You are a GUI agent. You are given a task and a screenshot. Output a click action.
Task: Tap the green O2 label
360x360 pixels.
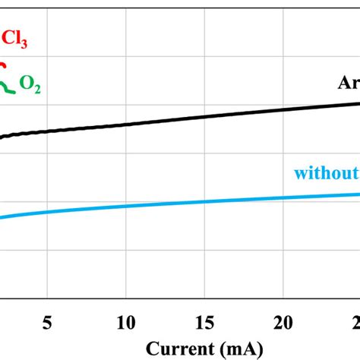(x=30, y=88)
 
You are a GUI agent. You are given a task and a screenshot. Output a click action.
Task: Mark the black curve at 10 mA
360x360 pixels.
(x=126, y=124)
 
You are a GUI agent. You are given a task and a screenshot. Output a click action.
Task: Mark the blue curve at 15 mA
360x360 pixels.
(x=205, y=201)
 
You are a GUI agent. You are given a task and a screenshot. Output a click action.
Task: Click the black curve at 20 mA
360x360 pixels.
(x=283, y=109)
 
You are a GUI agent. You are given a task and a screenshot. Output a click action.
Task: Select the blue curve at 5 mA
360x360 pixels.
(x=48, y=211)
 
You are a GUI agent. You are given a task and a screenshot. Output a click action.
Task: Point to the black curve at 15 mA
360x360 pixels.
(x=205, y=116)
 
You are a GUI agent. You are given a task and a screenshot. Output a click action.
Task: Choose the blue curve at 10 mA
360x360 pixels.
(x=126, y=205)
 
